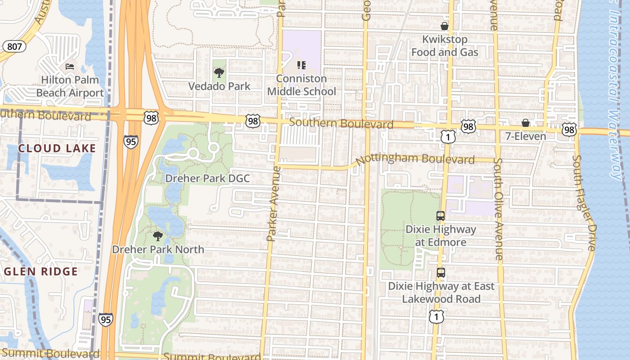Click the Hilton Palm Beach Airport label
pyautogui.click(x=70, y=86)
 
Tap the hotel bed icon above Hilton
pyautogui.click(x=70, y=67)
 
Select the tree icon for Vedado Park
pyautogui.click(x=219, y=72)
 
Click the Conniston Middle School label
pyautogui.click(x=301, y=85)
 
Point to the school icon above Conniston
pyautogui.click(x=301, y=65)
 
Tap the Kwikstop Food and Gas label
pyautogui.click(x=445, y=46)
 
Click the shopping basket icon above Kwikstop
pyautogui.click(x=445, y=26)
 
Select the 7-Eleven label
pyautogui.click(x=525, y=136)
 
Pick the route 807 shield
pyautogui.click(x=13, y=46)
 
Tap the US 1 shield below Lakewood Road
pyautogui.click(x=436, y=316)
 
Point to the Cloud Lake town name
pyautogui.click(x=57, y=148)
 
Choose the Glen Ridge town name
pyautogui.click(x=41, y=271)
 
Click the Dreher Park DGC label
pyautogui.click(x=207, y=178)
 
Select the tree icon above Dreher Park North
pyautogui.click(x=157, y=236)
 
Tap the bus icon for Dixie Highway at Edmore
pyautogui.click(x=441, y=216)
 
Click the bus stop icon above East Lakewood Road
pyautogui.click(x=441, y=273)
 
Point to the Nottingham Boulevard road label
pyautogui.click(x=415, y=159)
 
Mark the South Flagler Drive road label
pyautogui.click(x=584, y=203)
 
